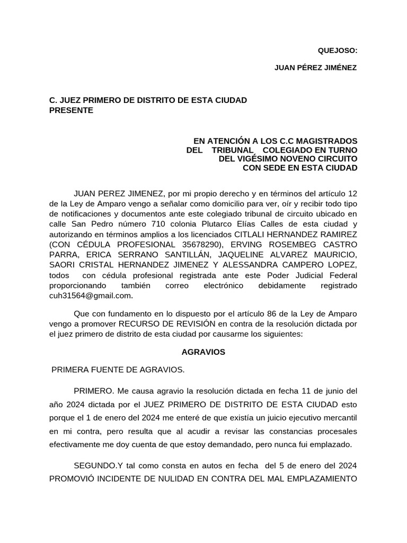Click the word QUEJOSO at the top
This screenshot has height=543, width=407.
[337, 51]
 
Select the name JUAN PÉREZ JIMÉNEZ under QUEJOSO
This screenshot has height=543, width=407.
[316, 68]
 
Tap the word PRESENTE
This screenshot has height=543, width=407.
[71, 110]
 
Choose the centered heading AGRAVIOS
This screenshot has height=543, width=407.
[203, 352]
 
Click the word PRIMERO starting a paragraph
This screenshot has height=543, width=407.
[93, 391]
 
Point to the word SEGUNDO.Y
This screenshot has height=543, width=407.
[99, 466]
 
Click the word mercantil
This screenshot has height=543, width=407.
[340, 418]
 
